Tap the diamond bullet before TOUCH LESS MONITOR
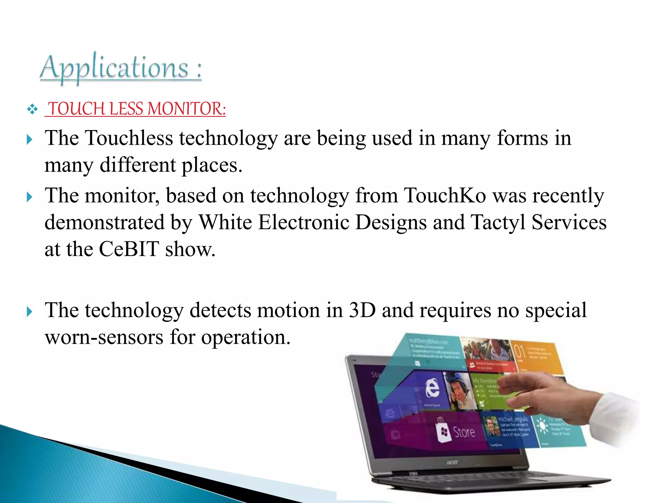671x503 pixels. point(32,109)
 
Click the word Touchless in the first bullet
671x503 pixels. point(129,138)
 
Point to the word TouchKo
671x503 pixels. point(445,196)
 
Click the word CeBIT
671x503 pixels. point(129,249)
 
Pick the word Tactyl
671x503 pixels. point(498,222)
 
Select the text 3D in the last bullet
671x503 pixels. point(362,310)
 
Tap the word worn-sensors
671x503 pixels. point(104,337)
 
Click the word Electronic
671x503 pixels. point(304,222)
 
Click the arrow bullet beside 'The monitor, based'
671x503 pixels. point(29,197)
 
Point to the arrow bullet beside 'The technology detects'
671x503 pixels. point(29,312)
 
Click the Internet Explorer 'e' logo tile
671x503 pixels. point(432,388)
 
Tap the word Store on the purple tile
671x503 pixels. point(464,432)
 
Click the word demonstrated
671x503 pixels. point(105,222)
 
